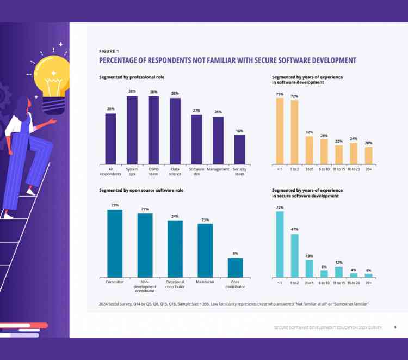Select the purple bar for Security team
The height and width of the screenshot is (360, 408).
click(x=239, y=149)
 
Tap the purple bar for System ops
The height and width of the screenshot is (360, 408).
click(x=132, y=130)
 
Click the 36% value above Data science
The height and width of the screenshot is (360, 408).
click(x=175, y=93)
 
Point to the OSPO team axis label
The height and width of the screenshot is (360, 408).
click(x=153, y=172)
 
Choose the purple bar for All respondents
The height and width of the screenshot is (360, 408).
click(x=110, y=138)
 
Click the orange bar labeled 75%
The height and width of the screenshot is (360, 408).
click(x=280, y=131)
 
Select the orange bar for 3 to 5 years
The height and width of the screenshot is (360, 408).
click(x=309, y=150)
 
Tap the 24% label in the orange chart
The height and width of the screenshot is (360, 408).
click(x=353, y=138)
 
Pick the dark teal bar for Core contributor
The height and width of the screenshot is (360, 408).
click(x=235, y=267)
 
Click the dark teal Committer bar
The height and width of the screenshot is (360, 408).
click(x=115, y=243)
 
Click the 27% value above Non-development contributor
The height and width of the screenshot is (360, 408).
click(x=145, y=209)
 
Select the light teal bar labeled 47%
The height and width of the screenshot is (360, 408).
click(x=294, y=255)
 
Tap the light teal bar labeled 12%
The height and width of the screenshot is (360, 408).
click(x=338, y=272)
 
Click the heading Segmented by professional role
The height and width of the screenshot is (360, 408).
click(x=132, y=77)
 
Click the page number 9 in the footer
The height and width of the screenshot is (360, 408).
click(x=395, y=327)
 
